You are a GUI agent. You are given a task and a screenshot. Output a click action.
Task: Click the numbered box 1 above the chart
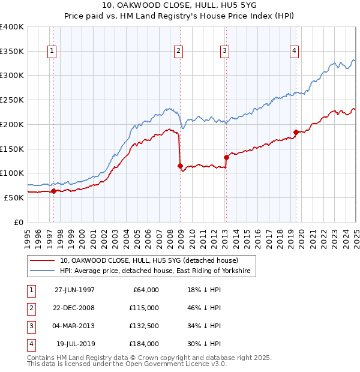point(53,52)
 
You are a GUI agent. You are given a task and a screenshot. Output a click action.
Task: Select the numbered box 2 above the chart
point(179,52)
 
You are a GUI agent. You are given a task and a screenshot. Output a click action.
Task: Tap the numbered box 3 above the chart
point(224,52)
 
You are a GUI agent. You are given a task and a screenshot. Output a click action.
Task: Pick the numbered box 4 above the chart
point(295,52)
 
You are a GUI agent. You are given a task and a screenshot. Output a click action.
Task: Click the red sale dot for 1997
point(53,191)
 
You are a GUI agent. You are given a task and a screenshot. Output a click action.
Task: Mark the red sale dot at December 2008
point(180,166)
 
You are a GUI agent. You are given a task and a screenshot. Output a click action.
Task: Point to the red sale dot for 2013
point(226,157)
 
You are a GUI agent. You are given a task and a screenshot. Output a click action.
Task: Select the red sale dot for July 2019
point(296,132)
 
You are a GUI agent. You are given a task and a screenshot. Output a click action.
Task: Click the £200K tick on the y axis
point(12,124)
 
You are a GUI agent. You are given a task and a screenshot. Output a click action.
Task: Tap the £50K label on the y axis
point(14,197)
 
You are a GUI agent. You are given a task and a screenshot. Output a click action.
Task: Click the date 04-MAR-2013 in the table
point(74,326)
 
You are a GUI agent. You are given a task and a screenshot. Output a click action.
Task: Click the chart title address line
point(179,8)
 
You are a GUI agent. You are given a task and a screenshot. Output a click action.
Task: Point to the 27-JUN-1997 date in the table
point(74,290)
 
